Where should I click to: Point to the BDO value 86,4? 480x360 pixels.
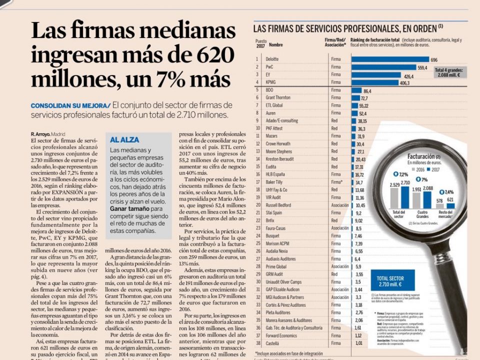tap(367, 90)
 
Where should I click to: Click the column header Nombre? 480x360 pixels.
tap(275, 45)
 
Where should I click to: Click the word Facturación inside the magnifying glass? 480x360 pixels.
tap(420, 156)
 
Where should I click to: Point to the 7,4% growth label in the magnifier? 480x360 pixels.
tap(448, 192)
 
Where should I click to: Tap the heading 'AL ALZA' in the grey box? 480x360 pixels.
tap(124, 140)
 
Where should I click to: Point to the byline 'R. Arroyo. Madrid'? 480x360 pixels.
tap(48, 134)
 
